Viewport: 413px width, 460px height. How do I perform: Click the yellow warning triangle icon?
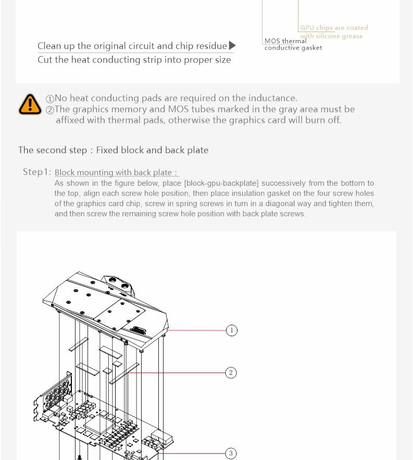30,104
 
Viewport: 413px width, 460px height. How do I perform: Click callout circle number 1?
232,330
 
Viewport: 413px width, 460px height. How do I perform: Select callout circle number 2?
231,373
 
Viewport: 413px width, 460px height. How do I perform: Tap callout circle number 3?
231,454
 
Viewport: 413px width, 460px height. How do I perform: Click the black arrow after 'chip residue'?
232,46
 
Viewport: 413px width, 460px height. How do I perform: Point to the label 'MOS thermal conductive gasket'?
293,44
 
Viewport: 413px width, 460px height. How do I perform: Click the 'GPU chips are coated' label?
334,28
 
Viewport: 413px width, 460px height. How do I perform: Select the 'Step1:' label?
37,172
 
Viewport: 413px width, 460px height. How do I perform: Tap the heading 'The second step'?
113,150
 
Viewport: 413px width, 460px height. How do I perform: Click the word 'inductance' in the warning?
273,98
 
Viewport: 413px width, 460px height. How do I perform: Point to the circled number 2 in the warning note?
50,110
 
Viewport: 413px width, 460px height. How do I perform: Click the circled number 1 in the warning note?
50,99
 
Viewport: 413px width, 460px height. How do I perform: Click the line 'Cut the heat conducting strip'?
134,60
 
